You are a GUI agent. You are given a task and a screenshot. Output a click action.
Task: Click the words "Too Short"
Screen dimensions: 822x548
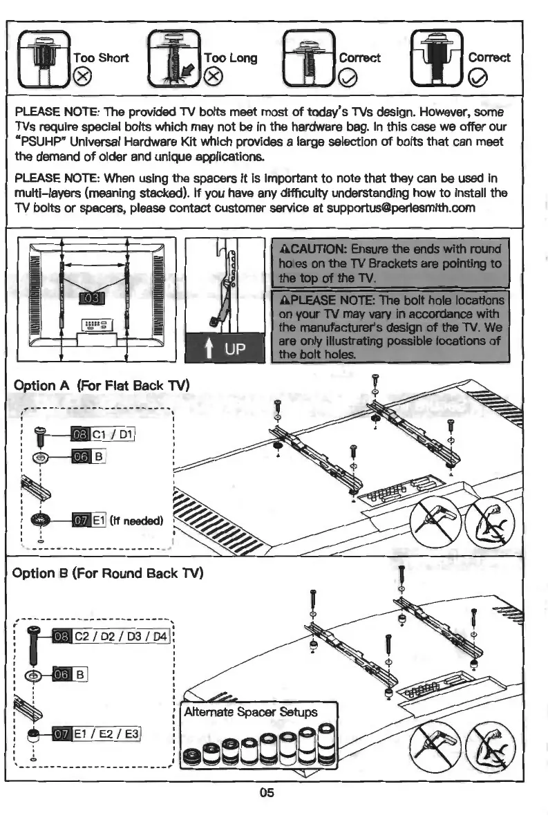click(x=101, y=57)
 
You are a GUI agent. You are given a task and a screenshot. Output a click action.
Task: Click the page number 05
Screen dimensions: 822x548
click(x=267, y=792)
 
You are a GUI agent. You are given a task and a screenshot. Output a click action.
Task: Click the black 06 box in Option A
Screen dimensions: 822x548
click(x=80, y=456)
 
